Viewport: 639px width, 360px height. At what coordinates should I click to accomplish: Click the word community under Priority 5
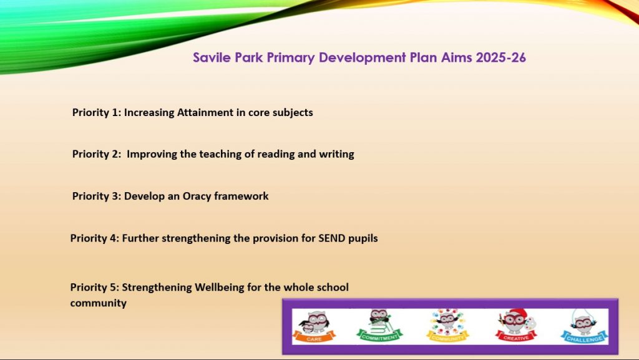pos(98,303)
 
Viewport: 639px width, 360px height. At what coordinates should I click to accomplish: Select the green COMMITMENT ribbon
pos(379,336)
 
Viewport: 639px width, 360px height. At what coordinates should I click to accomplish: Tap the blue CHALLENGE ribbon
pos(584,338)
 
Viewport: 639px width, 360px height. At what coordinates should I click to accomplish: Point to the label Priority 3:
pos(97,197)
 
